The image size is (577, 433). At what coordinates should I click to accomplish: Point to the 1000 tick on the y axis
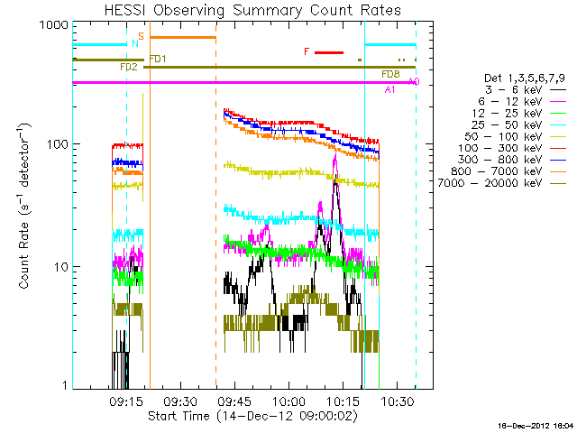click(x=55, y=25)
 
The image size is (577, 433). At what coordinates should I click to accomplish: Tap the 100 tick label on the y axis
click(x=58, y=144)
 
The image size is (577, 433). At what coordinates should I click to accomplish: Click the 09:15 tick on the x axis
click(x=125, y=398)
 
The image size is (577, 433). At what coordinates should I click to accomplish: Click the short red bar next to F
click(x=329, y=52)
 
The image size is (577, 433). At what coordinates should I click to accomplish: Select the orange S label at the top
click(x=142, y=35)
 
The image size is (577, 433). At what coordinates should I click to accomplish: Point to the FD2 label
click(x=128, y=68)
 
